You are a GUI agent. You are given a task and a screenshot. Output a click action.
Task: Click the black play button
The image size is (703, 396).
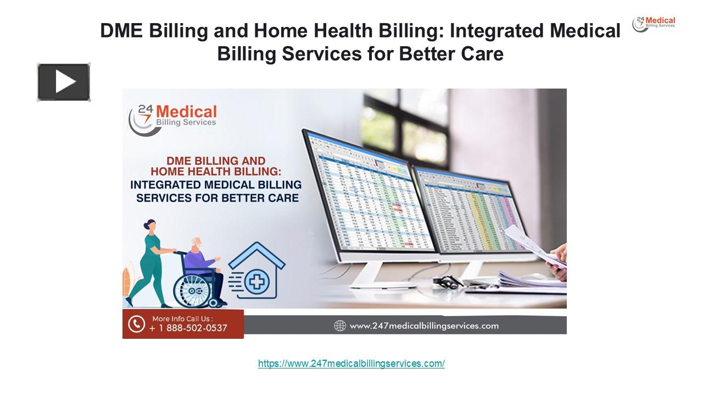[64, 82]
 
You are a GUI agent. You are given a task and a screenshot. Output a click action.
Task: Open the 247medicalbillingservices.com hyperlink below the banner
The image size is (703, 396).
[351, 364]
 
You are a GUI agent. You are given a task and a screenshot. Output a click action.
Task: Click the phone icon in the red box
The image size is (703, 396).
[136, 323]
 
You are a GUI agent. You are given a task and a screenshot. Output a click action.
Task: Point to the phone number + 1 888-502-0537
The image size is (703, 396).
[188, 328]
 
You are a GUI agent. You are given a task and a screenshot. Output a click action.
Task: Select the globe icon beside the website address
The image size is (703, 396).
[340, 326]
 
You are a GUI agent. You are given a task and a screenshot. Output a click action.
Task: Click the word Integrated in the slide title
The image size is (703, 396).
[498, 31]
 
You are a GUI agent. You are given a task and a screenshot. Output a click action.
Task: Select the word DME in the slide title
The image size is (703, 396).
[122, 31]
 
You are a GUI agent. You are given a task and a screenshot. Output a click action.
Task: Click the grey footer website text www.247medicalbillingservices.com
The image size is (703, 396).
[423, 326]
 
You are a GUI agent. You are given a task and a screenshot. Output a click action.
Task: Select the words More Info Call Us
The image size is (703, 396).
[182, 318]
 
